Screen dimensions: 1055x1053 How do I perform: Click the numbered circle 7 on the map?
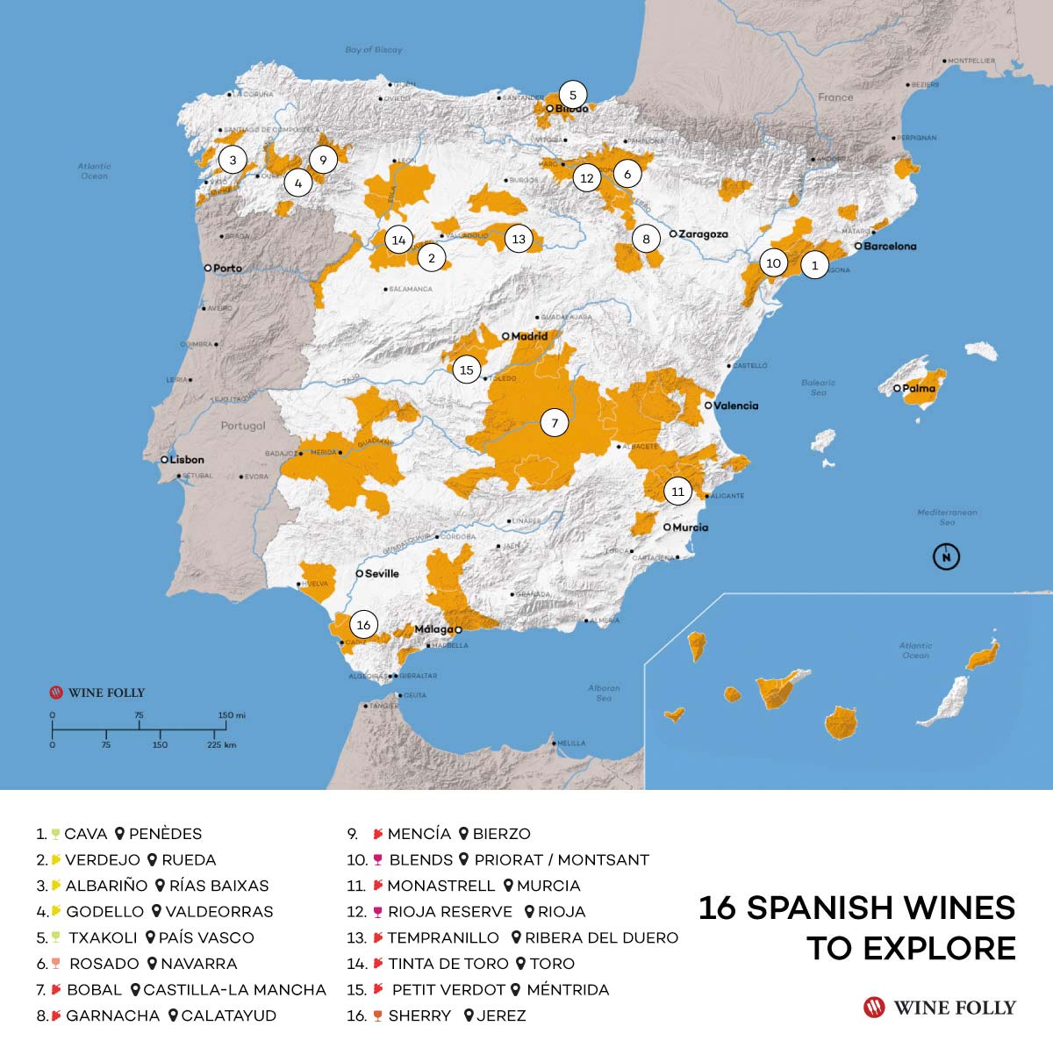tap(554, 423)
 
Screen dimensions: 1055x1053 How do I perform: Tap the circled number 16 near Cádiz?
tap(363, 625)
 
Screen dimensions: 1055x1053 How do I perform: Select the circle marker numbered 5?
tap(573, 95)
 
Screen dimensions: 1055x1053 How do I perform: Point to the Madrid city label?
tap(528, 336)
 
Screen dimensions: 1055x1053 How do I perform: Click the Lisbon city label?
tap(186, 459)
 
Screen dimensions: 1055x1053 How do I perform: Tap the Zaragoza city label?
tap(703, 234)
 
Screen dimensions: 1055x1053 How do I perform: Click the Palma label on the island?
tap(919, 388)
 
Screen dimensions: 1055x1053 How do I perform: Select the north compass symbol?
tap(946, 556)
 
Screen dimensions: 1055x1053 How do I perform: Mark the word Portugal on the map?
tap(243, 426)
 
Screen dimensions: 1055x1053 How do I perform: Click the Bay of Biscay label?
tap(374, 50)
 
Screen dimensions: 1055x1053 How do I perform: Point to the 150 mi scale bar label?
tap(232, 715)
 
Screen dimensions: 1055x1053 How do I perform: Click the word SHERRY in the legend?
tap(419, 1016)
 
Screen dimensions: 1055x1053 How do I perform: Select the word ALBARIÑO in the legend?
tap(106, 886)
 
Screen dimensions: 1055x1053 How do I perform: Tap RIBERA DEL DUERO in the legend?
tap(601, 937)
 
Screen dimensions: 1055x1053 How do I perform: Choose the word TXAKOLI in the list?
tap(103, 937)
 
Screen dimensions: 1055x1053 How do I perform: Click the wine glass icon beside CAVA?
tap(55, 834)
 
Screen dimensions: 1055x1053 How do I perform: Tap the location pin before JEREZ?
tap(469, 1016)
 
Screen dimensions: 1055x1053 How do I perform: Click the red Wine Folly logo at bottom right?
tap(874, 1007)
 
